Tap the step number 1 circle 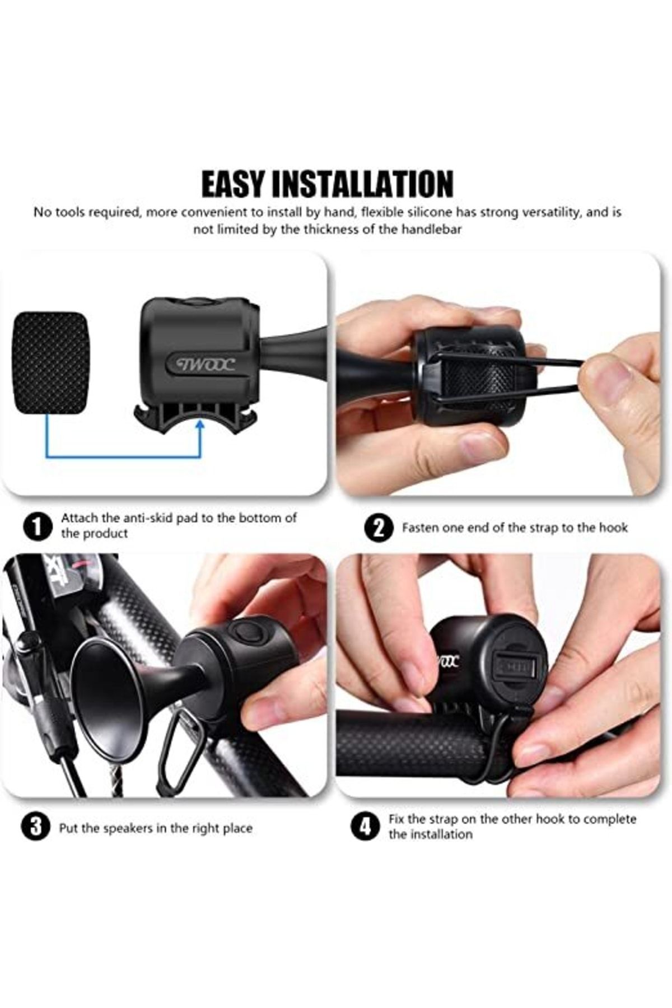click(36, 527)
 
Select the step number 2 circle click(379, 528)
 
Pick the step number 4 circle click(365, 827)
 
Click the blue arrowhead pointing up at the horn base click(200, 427)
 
